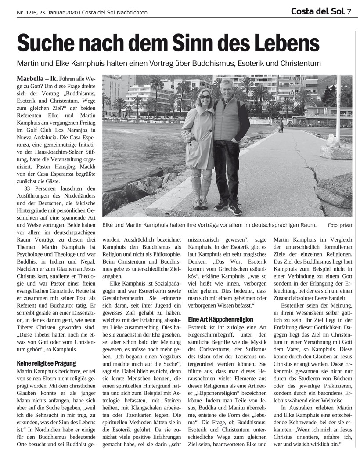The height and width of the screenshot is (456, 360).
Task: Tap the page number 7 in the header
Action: click(x=349, y=11)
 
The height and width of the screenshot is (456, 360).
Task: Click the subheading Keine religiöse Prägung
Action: click(x=47, y=363)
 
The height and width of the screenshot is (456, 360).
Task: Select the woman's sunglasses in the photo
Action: click(x=205, y=96)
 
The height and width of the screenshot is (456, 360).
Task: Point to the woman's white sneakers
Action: click(x=201, y=204)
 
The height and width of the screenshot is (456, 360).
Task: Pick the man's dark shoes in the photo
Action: click(x=228, y=206)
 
